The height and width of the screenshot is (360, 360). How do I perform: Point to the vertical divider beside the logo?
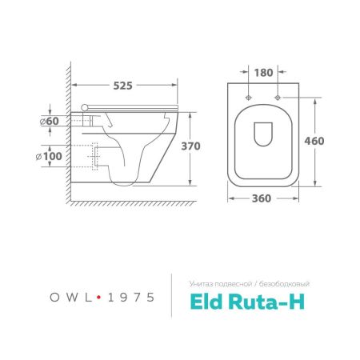(x=173, y=296)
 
